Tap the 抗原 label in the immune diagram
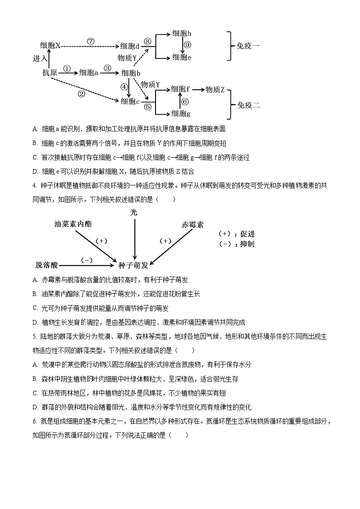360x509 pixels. tap(50, 73)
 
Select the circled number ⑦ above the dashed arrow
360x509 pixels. tap(91, 41)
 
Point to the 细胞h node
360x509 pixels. tap(181, 34)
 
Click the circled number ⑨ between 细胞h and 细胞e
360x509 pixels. tap(188, 45)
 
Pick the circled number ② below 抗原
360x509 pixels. tap(82, 94)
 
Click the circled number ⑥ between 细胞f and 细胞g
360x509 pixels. tap(185, 102)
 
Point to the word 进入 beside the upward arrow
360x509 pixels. tap(40, 58)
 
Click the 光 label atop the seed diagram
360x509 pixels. tap(134, 212)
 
